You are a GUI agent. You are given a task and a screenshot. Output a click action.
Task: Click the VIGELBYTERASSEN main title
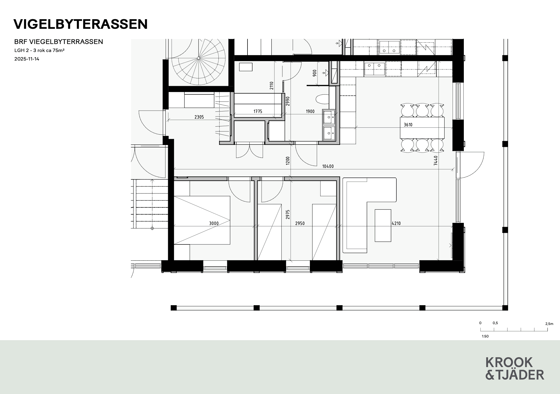point(80,24)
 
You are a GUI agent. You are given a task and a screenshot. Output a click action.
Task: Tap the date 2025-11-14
point(27,59)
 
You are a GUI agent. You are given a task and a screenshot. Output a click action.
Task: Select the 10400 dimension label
point(328,166)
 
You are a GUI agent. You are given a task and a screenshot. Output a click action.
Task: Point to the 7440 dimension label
point(436,160)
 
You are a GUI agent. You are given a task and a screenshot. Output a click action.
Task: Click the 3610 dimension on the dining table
point(408,124)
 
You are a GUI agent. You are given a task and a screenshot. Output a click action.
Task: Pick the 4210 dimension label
point(396,223)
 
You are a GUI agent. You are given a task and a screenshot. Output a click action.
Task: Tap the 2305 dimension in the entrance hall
point(199,117)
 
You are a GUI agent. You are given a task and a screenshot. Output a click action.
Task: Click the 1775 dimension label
point(258,111)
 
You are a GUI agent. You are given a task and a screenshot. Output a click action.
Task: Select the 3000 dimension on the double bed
point(214,223)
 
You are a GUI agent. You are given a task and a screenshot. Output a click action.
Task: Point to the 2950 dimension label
point(300,223)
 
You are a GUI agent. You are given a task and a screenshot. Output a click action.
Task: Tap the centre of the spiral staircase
point(198,58)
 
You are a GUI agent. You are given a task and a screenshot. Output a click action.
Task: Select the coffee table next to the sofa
point(383,226)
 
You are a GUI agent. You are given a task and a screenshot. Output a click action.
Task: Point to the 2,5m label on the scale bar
point(549,324)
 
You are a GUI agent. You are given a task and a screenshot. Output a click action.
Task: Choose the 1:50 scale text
point(485,336)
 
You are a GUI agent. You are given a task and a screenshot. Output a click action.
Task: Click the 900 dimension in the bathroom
point(315,73)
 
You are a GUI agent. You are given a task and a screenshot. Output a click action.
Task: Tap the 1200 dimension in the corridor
point(287,161)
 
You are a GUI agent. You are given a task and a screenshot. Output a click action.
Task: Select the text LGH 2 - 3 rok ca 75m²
point(39,50)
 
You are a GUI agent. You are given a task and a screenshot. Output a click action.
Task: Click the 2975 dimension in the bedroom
point(287,215)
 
